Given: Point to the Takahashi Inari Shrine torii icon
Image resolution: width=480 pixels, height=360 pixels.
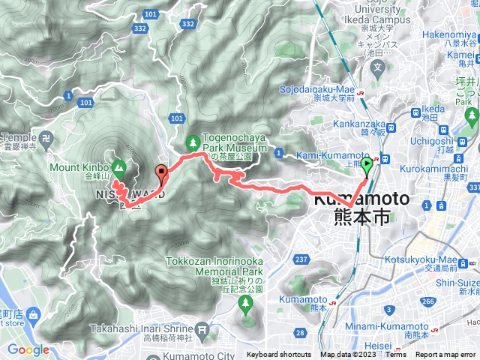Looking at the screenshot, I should click(x=201, y=329).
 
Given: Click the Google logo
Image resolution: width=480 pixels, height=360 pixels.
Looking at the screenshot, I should click(x=28, y=349).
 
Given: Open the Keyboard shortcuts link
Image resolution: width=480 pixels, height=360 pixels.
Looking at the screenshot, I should click(x=278, y=355).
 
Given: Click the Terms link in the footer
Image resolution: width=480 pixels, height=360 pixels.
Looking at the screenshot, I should click(x=395, y=355).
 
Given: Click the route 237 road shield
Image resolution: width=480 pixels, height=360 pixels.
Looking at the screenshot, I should click(x=301, y=259).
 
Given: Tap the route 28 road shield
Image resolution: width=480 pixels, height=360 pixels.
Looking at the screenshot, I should click(x=300, y=333).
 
